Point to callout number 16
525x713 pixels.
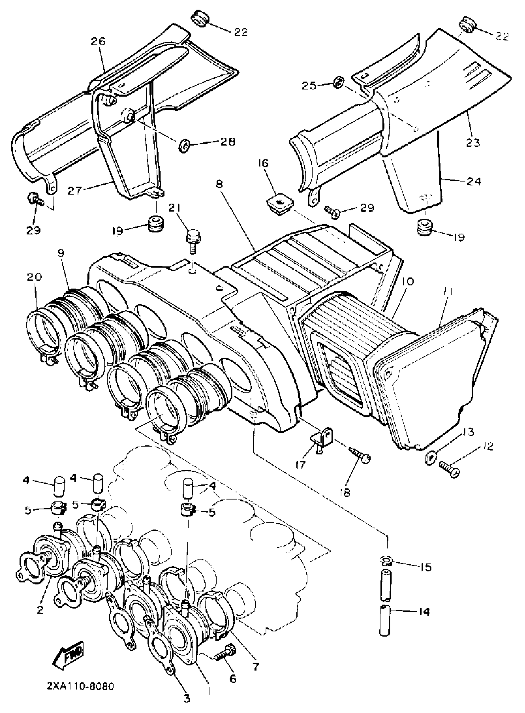coord(264,163)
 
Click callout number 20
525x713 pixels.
coord(34,277)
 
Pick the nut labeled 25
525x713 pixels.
coord(338,84)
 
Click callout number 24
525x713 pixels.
coord(473,182)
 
